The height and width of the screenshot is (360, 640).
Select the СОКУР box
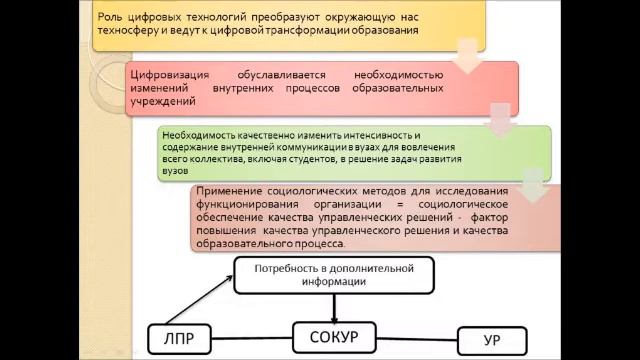339,337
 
